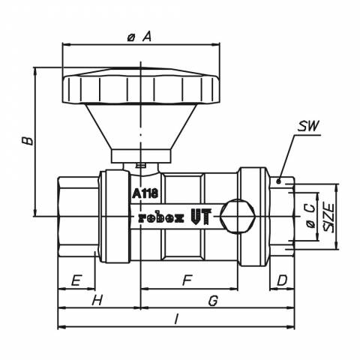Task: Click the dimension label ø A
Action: tap(139, 37)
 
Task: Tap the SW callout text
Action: tap(308, 126)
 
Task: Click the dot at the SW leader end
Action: tap(279, 181)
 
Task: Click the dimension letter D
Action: tap(282, 280)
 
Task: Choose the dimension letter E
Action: tap(76, 280)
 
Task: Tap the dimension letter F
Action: tap(187, 280)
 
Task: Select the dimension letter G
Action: tap(213, 301)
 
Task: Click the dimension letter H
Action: tap(97, 300)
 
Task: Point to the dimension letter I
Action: tap(176, 319)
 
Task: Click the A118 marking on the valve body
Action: tap(145, 193)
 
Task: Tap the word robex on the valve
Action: tap(161, 218)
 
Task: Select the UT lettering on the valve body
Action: tap(201, 216)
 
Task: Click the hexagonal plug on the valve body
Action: tap(238, 216)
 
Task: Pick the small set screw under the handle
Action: tap(140, 165)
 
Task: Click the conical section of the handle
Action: tap(141, 127)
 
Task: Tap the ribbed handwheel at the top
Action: tap(141, 85)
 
